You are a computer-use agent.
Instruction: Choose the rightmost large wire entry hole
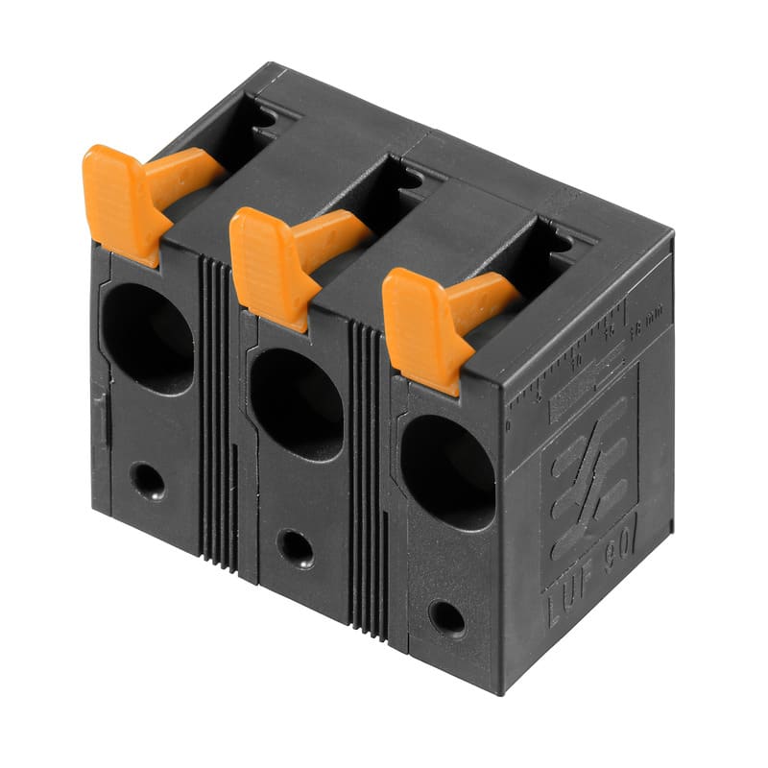click(446, 471)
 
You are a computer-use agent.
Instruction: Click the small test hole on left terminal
click(147, 480)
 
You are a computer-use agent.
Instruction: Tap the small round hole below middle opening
click(295, 548)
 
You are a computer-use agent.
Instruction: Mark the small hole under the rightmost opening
click(446, 617)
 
